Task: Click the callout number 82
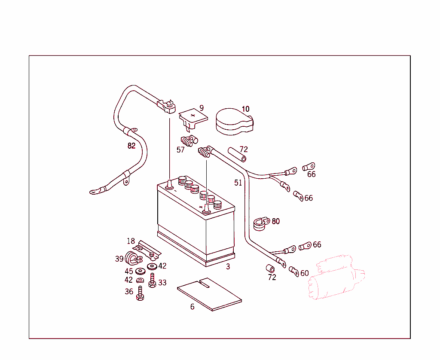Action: tap(131, 146)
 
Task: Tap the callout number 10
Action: tap(245, 109)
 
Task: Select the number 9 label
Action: tap(202, 108)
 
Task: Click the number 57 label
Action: tap(180, 150)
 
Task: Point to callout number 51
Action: tap(238, 183)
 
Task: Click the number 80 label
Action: tap(275, 221)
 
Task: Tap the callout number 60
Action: tap(304, 273)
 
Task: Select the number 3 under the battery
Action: tap(228, 266)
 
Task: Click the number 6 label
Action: tap(192, 307)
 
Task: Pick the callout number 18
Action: tap(131, 241)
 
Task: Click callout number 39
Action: tap(119, 259)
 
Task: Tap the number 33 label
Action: tap(162, 283)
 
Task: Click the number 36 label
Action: tap(129, 292)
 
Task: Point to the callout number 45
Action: tap(129, 272)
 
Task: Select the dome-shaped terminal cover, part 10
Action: tap(233, 122)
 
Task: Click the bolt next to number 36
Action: tap(140, 293)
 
